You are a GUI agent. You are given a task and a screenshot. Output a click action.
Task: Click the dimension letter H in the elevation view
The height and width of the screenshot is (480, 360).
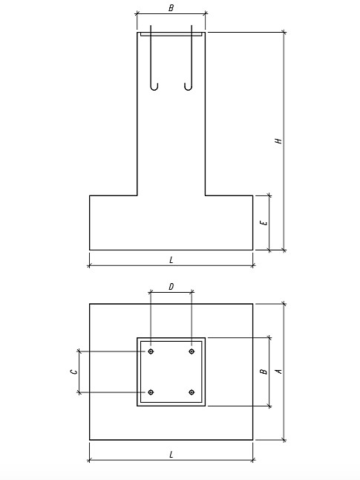point(278,141)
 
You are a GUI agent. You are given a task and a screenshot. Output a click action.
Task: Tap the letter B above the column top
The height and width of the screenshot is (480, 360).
point(171,8)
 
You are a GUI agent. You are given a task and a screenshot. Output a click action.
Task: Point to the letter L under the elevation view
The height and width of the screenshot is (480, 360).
point(171,260)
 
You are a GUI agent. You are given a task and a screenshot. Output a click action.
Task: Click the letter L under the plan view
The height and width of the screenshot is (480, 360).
point(171,455)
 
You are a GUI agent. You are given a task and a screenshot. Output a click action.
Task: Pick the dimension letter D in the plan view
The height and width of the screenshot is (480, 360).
point(171,287)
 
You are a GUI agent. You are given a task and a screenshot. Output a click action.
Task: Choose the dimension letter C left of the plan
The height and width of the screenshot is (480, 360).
point(73,372)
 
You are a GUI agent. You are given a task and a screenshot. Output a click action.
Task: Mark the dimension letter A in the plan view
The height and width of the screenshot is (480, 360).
point(278,371)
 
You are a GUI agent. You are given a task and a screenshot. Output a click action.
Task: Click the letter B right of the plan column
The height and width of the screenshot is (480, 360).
point(264,372)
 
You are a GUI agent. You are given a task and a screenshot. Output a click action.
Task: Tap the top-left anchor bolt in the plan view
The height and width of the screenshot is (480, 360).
point(151,351)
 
